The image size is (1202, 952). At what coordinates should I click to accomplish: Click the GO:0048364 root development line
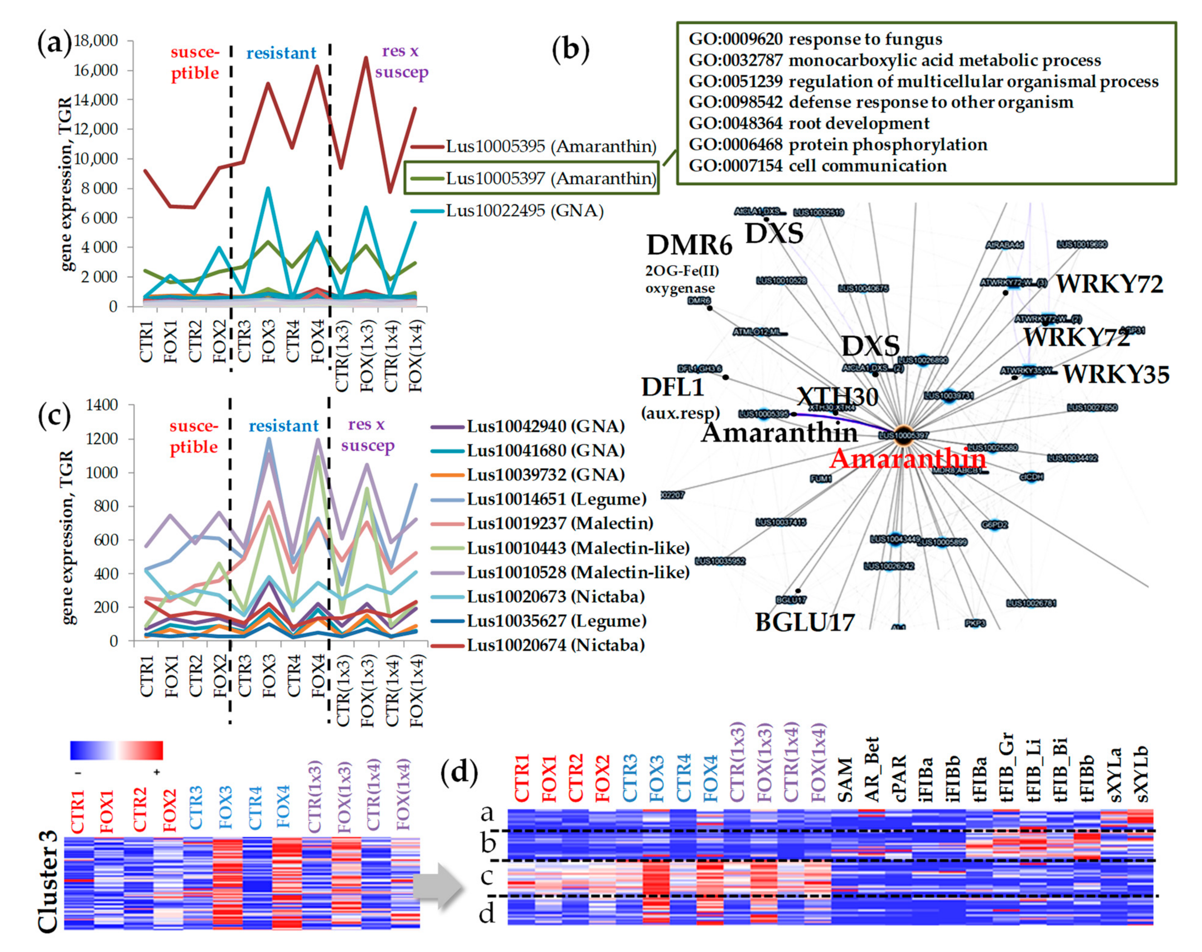point(809,123)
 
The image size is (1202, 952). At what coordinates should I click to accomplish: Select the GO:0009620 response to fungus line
point(815,39)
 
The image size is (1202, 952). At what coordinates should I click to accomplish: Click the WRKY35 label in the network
point(1116,375)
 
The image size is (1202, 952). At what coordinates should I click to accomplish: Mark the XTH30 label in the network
point(837,397)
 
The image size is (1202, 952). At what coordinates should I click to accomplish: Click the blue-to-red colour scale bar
point(116,750)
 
